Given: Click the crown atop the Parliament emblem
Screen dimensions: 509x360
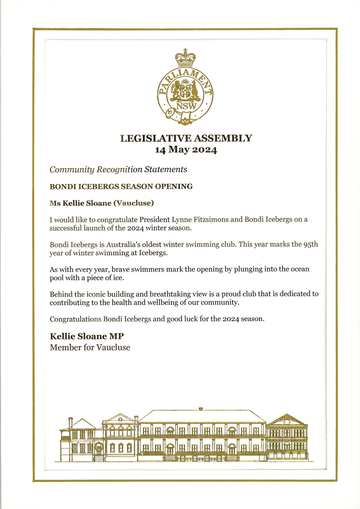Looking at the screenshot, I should coord(185,58).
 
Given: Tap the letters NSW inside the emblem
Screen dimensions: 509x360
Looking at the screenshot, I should coord(186,106).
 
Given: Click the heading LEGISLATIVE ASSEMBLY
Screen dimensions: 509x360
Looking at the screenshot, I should coord(186,138).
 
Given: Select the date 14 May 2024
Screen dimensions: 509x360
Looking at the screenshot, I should coord(186,149).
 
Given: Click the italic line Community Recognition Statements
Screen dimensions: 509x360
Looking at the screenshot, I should coord(118,169).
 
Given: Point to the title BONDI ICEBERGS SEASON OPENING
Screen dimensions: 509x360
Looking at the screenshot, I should coord(121,187).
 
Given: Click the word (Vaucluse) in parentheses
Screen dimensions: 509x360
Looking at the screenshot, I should coord(134,203).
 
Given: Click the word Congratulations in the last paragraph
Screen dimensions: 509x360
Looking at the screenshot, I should coord(76,319).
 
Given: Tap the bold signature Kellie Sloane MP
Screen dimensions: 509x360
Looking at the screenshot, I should coord(87,336).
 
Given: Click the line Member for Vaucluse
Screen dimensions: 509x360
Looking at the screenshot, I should coord(90,348).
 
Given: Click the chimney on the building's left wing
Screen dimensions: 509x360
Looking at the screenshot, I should coord(71,422).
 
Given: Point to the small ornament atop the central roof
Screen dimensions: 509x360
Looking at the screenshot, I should coord(201,408).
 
